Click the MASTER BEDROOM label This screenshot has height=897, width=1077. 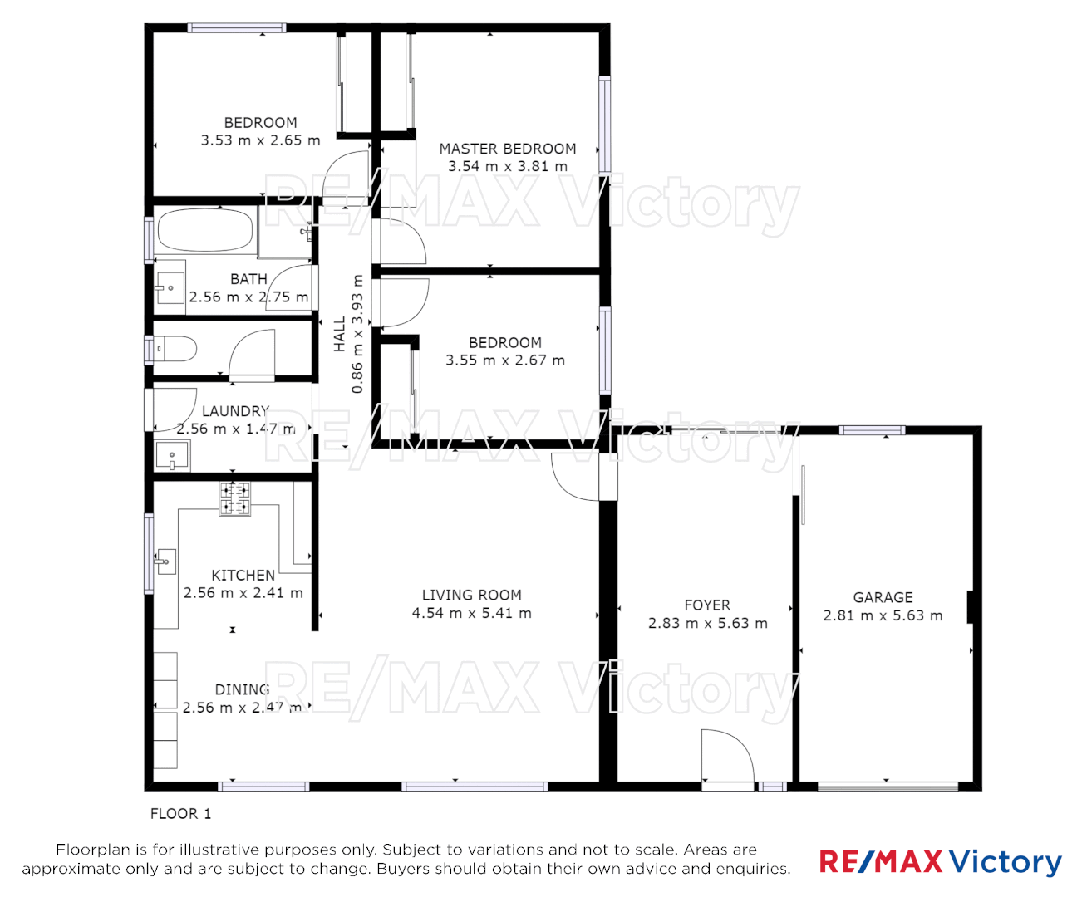pos(507,149)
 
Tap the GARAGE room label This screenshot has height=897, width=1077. pos(883,597)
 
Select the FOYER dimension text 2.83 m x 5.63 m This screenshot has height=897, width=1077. pos(707,623)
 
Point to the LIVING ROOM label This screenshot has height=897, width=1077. pos(471,595)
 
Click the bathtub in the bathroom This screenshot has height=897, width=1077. pos(205,230)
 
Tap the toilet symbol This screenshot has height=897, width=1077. pos(175,349)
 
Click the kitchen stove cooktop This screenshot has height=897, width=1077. pos(234,498)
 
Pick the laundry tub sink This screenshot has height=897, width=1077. pos(173,456)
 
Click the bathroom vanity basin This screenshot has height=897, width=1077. pos(170,288)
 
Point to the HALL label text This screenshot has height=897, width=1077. pos(340,334)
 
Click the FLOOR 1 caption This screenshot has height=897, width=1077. pos(180,814)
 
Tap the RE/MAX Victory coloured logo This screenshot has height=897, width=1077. pos(940,861)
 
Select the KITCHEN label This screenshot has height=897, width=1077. pos(243,575)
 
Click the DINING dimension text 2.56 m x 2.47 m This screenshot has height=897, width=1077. pos(242,708)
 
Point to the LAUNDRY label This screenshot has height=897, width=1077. pos(235,411)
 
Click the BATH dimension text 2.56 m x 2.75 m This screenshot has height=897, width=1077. pos(248,297)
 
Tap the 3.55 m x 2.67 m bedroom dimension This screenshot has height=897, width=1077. pos(504,360)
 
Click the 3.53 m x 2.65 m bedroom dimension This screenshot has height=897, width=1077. pos(260,140)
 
